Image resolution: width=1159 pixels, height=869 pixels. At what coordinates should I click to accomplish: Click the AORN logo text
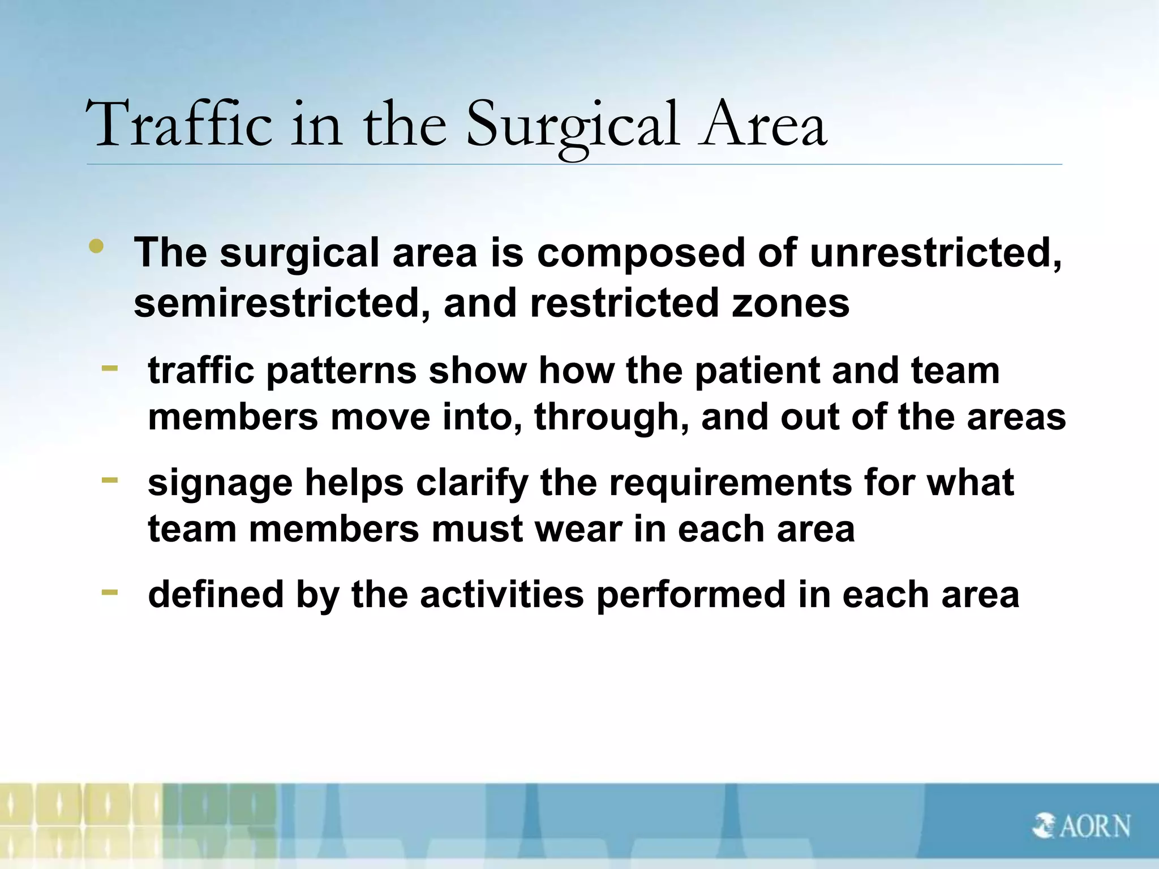click(x=1094, y=827)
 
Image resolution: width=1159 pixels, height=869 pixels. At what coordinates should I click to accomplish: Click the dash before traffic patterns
click(x=110, y=368)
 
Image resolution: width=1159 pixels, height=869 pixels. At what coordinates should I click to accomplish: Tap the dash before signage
click(x=110, y=480)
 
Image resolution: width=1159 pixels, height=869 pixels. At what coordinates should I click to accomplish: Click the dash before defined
click(x=110, y=592)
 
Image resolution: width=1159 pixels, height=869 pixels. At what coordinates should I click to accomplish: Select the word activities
click(x=501, y=595)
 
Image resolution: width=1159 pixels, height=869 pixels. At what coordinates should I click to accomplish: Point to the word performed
click(x=691, y=595)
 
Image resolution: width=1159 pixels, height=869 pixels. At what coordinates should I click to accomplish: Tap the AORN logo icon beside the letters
click(x=1042, y=827)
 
